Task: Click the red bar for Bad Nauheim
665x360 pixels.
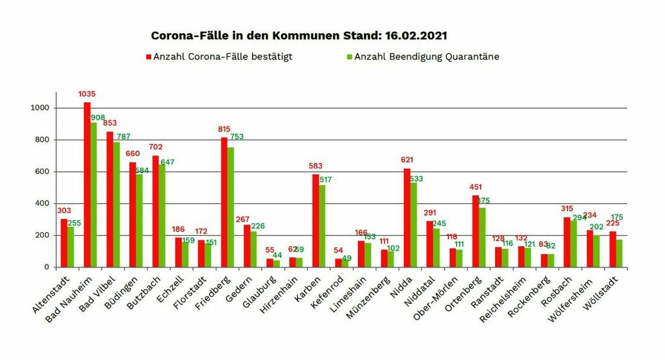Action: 87,185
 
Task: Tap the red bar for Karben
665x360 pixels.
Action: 316,221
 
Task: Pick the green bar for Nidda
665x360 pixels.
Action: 414,225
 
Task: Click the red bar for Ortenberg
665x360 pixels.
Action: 475,231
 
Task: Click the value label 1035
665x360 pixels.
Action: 87,94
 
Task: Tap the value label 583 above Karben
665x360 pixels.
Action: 316,166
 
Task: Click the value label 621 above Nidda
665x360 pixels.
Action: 407,160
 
